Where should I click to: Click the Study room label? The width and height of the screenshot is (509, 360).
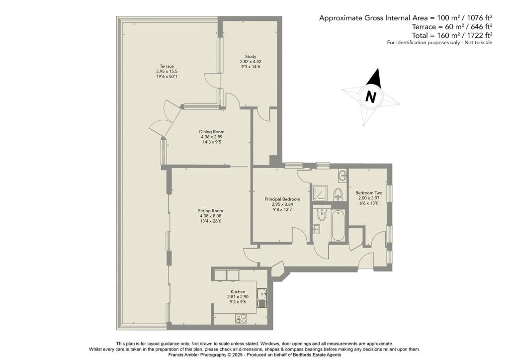pyautogui.click(x=251, y=56)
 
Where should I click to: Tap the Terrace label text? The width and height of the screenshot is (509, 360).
pyautogui.click(x=167, y=66)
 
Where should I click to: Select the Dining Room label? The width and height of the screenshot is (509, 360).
pyautogui.click(x=212, y=132)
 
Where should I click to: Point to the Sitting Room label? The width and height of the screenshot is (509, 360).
pyautogui.click(x=211, y=211)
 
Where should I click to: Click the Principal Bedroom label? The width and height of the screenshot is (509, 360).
pyautogui.click(x=282, y=199)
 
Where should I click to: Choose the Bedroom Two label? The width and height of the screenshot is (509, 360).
pyautogui.click(x=369, y=192)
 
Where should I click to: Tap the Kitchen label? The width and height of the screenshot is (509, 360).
pyautogui.click(x=238, y=291)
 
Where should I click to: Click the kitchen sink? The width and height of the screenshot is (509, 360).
pyautogui.click(x=261, y=298)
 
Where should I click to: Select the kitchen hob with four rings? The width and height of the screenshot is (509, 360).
pyautogui.click(x=241, y=318)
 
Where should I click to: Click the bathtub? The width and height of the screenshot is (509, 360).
pyautogui.click(x=338, y=226)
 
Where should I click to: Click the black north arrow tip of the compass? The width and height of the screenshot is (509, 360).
pyautogui.click(x=378, y=69)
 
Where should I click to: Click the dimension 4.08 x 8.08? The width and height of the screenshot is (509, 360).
pyautogui.click(x=211, y=216)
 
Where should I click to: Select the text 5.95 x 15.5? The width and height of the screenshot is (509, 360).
pyautogui.click(x=167, y=72)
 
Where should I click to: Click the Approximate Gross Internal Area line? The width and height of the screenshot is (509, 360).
pyautogui.click(x=406, y=18)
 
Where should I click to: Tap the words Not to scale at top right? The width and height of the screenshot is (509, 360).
pyautogui.click(x=478, y=43)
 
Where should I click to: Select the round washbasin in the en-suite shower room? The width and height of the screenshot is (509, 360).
pyautogui.click(x=342, y=176)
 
